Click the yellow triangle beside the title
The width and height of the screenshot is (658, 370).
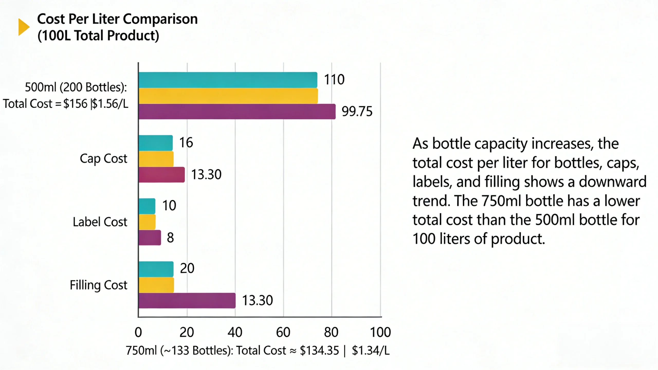[23, 27]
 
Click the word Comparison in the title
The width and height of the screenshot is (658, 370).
[160, 19]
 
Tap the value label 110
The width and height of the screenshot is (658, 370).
[334, 79]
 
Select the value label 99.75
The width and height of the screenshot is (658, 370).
[357, 112]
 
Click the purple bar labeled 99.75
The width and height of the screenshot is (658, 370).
[236, 112]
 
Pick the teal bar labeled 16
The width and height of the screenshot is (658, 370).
[156, 143]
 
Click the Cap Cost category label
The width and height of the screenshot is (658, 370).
[103, 159]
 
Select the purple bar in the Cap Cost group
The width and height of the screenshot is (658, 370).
[161, 175]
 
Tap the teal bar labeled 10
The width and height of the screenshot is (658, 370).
[147, 206]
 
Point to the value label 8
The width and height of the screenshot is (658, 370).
[170, 238]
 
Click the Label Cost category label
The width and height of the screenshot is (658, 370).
[100, 222]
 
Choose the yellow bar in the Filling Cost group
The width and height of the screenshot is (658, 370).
[156, 285]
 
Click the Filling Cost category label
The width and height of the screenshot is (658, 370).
[98, 285]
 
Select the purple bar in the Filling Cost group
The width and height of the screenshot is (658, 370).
[187, 301]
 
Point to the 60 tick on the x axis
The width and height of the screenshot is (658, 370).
[283, 332]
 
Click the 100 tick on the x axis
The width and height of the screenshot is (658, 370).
[380, 332]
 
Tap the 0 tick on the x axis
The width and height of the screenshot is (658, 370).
[138, 332]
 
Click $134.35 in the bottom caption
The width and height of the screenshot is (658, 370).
[319, 350]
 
